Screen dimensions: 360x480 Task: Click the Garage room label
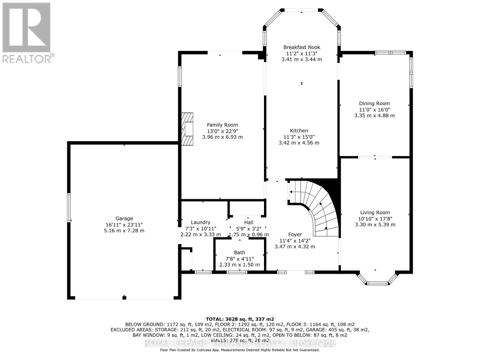[124, 218]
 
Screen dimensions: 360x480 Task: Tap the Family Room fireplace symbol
[187, 129]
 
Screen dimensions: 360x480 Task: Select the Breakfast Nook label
[301, 47]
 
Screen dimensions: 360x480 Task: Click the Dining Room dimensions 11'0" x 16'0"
[374, 109]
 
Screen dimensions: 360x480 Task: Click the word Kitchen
[299, 130]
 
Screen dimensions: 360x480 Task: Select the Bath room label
[239, 253]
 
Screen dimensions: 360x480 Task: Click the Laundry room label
[200, 222]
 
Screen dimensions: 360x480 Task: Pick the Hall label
[248, 222]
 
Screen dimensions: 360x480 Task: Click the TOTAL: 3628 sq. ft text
[240, 319]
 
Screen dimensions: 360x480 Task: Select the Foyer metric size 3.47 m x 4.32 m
[295, 247]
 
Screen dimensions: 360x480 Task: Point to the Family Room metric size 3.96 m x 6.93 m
[222, 137]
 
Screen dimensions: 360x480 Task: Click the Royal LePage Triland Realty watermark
[240, 343]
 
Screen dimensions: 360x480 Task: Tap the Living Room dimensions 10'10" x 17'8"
[375, 219]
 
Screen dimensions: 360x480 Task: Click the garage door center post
[124, 298]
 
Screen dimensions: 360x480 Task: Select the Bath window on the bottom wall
[237, 272]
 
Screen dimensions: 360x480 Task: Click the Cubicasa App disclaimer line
[240, 350]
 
